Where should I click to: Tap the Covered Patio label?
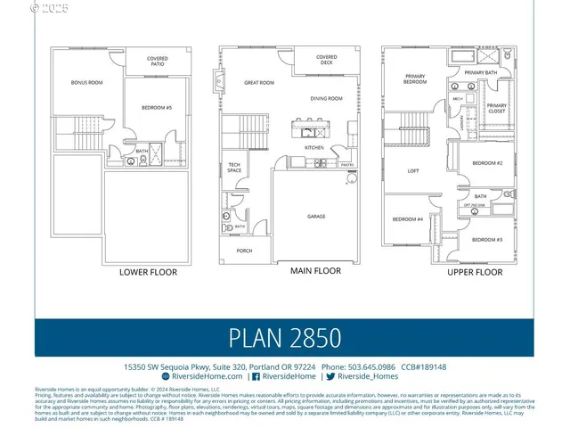(x=158, y=61)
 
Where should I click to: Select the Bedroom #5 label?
(x=156, y=108)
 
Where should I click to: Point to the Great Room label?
(x=259, y=83)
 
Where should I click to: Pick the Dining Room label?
(x=327, y=98)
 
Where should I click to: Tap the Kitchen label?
(x=314, y=147)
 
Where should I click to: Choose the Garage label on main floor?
(x=316, y=217)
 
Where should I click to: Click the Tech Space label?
(x=233, y=167)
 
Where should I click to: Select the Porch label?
(x=244, y=251)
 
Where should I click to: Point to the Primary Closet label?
(x=496, y=108)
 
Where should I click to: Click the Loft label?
(x=413, y=170)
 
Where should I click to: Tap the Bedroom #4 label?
(x=408, y=219)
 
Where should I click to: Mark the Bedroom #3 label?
(x=487, y=240)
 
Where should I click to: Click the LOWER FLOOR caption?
(x=149, y=272)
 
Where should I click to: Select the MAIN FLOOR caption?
(x=315, y=270)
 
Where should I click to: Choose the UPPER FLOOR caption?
(x=475, y=272)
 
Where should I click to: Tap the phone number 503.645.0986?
(x=372, y=366)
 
